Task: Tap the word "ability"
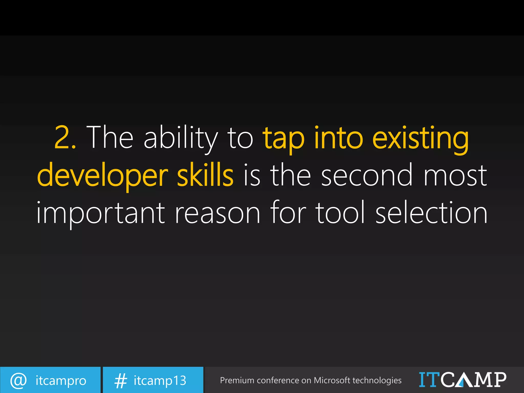181,138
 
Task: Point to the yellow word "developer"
102,176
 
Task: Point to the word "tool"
340,213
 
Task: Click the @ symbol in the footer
18,380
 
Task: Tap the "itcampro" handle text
61,380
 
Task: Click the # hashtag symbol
121,380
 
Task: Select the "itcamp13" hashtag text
160,380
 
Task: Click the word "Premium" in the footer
237,380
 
